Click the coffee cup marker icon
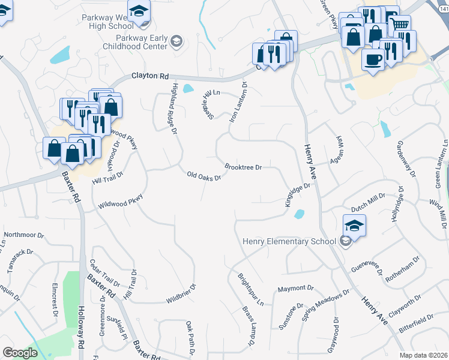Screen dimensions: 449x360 click(373, 60)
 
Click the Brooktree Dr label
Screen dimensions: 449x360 click(243, 167)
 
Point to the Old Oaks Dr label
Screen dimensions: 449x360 click(204, 176)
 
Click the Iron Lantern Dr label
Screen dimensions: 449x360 click(238, 103)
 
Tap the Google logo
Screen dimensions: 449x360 click(20, 353)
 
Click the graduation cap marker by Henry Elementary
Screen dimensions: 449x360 click(355, 225)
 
